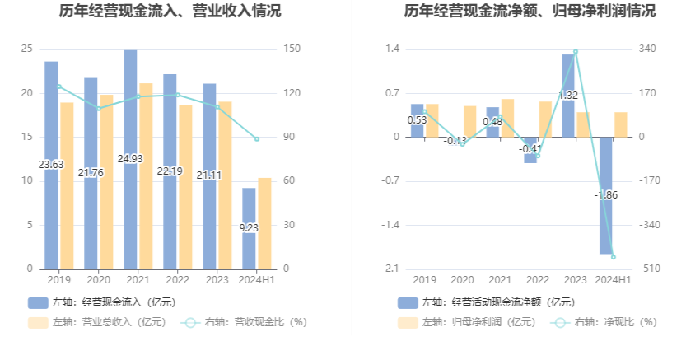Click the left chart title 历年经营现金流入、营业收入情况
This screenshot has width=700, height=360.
170,12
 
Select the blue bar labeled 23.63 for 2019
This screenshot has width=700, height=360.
51,165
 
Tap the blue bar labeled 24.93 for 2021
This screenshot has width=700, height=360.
130,159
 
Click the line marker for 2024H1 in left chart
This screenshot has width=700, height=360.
257,138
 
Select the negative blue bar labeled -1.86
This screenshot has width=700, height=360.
605,195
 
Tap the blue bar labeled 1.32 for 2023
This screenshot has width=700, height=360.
568,96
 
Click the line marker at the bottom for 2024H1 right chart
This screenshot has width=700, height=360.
614,257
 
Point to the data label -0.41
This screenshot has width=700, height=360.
530,149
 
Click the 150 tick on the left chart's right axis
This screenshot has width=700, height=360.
290,49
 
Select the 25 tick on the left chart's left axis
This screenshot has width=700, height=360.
27,49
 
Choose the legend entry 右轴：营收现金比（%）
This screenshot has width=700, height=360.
244,322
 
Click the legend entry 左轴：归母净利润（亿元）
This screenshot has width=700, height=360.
466,322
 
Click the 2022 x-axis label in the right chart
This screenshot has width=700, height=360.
537,280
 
